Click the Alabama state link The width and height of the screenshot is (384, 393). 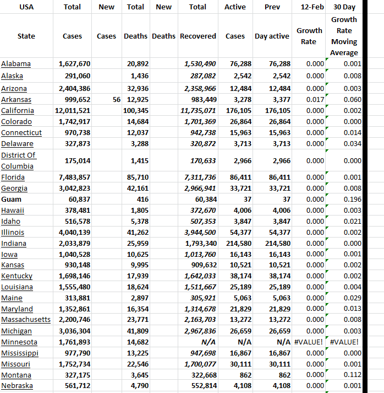(16, 64)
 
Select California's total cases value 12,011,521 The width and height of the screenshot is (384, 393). (74, 111)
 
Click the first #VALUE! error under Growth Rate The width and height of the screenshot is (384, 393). (310, 342)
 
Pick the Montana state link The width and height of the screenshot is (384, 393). (16, 375)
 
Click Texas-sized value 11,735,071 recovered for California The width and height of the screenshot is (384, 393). (199, 111)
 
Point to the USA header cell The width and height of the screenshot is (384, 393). (26, 7)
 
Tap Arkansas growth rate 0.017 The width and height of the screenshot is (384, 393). (315, 100)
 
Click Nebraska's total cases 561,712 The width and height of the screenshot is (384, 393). (74, 386)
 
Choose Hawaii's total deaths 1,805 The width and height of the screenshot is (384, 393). (140, 210)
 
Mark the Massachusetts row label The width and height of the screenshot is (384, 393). (26, 320)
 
